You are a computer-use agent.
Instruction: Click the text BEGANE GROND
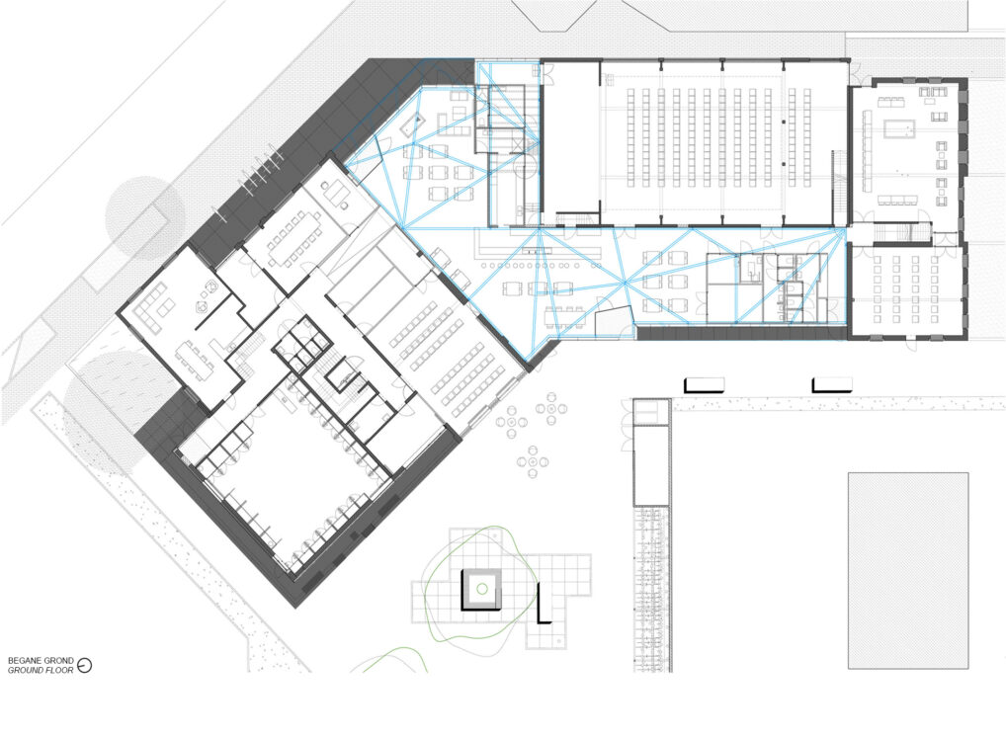tap(41, 660)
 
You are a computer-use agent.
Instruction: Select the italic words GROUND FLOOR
tap(41, 670)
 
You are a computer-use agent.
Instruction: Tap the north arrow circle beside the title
tap(84, 666)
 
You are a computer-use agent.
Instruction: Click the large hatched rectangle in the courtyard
tap(908, 571)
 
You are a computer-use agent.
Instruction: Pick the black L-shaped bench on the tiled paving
tap(543, 603)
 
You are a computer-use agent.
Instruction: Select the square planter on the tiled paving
tap(481, 589)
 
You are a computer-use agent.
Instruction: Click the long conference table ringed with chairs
tap(293, 236)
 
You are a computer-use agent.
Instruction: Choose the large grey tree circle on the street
tap(145, 216)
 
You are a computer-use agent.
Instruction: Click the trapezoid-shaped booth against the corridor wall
tap(614, 321)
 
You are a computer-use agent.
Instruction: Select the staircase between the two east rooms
tap(891, 231)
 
